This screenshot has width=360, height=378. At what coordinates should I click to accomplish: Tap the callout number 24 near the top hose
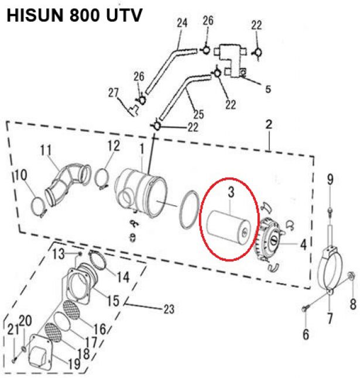pyautogui.click(x=181, y=24)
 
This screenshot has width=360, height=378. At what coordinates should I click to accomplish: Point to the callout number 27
pyautogui.click(x=113, y=92)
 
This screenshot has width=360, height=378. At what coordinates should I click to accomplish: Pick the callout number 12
pyautogui.click(x=113, y=145)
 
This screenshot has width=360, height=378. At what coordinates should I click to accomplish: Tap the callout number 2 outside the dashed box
pyautogui.click(x=269, y=125)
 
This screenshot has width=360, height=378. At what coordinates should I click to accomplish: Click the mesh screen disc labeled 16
pyautogui.click(x=71, y=309)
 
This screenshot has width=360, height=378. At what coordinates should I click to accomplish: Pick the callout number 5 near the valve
pyautogui.click(x=268, y=90)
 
